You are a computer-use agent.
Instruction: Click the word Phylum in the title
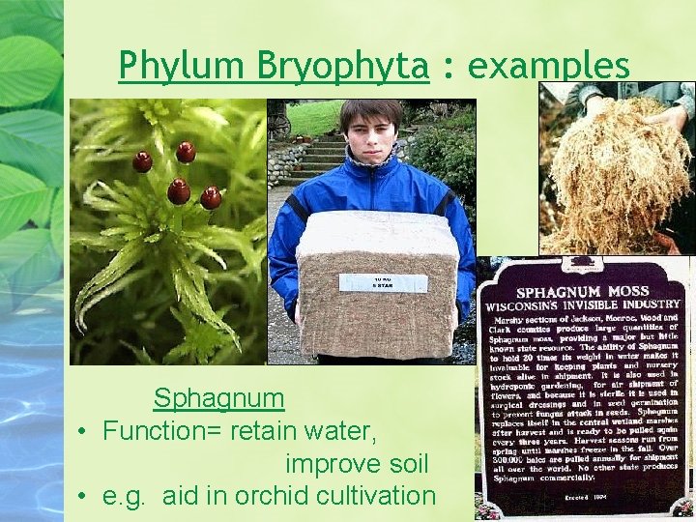(185, 66)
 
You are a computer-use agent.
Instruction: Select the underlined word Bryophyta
(343, 66)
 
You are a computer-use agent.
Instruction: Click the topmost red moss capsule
(186, 152)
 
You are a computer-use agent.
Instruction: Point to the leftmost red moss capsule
(142, 161)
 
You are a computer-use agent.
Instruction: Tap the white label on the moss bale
(383, 282)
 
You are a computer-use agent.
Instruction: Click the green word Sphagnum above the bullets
(219, 397)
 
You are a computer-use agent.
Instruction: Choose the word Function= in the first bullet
(161, 430)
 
